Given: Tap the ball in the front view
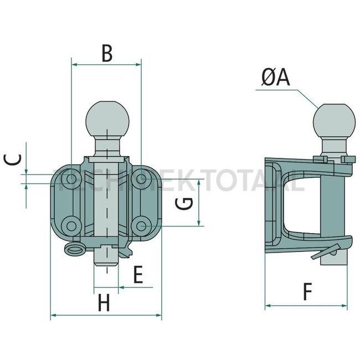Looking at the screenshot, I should pyautogui.click(x=107, y=119).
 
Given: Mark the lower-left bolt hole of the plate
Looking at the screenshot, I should pyautogui.click(x=70, y=225).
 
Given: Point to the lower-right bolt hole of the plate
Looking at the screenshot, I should pyautogui.click(x=142, y=226).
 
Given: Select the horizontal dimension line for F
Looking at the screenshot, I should pyautogui.click(x=306, y=305).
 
